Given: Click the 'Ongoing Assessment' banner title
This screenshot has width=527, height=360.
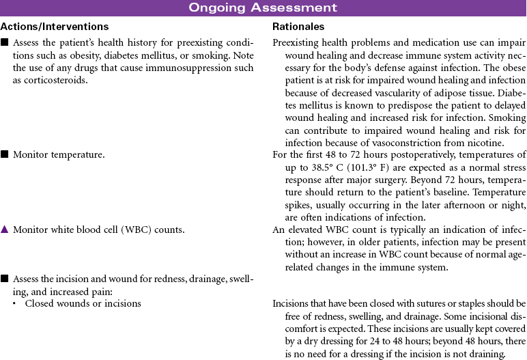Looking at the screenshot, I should pos(263,8).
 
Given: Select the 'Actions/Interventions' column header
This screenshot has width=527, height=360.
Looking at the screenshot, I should pos(55,27).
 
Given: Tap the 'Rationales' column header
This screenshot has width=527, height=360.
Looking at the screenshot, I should pos(298,27).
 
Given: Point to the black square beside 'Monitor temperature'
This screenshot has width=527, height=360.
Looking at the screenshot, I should pos(4,155).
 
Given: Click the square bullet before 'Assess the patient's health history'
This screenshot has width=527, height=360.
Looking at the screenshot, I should pos(4,42).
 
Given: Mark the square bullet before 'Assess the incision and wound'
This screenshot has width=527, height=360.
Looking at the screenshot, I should pos(4,279).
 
